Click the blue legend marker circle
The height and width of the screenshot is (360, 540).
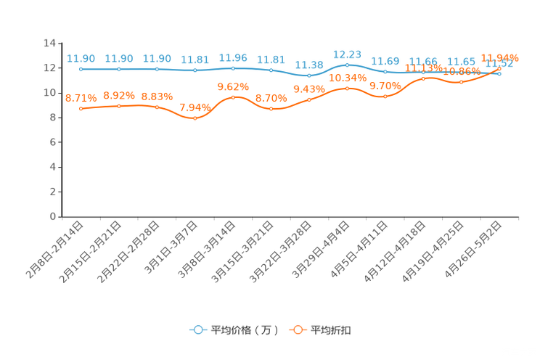tap(197, 330)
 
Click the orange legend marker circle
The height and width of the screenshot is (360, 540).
tap(298, 330)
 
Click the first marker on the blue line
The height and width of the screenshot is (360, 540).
tap(81, 69)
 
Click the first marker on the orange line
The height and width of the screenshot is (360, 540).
tap(81, 109)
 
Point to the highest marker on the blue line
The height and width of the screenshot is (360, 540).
tap(347, 65)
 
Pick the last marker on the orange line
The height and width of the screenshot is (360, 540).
tap(499, 69)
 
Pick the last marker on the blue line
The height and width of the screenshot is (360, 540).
tap(499, 73)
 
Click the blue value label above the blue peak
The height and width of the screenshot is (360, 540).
tap(347, 54)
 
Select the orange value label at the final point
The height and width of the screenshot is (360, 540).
tap(500, 57)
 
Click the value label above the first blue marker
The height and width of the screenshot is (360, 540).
tap(81, 58)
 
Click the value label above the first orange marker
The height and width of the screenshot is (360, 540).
tap(81, 98)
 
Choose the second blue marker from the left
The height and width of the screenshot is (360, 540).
tap(119, 69)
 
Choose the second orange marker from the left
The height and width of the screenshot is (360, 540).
tap(119, 106)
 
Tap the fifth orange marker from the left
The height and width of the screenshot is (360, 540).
tap(233, 97)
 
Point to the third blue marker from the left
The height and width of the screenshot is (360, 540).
tap(157, 69)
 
